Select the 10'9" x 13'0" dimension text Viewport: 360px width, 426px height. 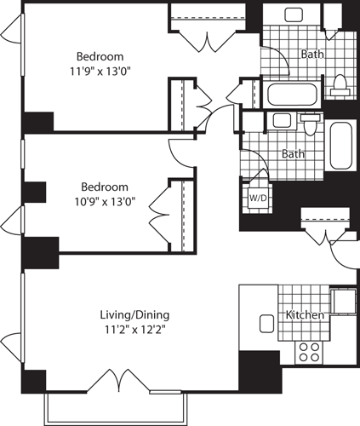tap(106, 202)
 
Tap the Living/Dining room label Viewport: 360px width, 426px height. tap(132, 314)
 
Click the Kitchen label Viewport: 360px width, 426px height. tap(305, 315)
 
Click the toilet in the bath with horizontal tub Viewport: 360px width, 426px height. tap(340, 83)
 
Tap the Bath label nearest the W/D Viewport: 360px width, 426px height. tap(294, 154)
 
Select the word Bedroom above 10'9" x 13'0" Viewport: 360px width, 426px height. tap(105, 187)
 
